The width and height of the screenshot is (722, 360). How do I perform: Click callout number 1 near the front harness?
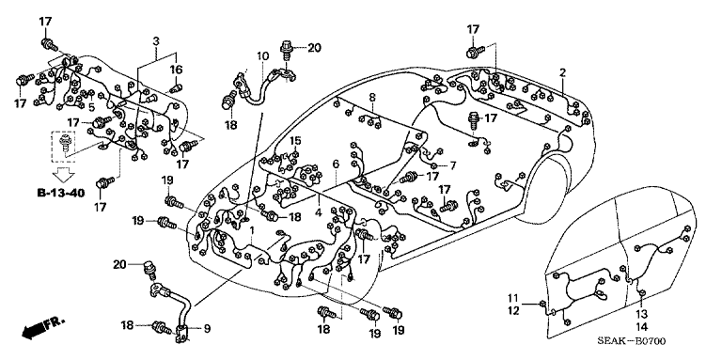(x=251, y=231)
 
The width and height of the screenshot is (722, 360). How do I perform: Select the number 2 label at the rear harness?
(x=561, y=72)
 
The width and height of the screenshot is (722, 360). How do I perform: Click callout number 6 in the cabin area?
(x=335, y=165)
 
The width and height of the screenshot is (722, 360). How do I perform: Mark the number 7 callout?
(x=452, y=166)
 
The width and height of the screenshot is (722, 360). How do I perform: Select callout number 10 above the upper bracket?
(x=263, y=56)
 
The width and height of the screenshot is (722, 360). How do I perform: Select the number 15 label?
(x=295, y=141)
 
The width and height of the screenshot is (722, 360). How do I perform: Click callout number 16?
(x=176, y=70)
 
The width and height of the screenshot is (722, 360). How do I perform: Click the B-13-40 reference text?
(x=60, y=194)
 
